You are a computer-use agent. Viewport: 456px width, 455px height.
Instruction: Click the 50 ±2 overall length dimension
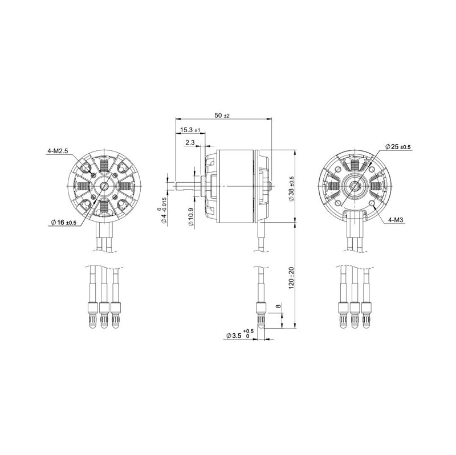(x=222, y=116)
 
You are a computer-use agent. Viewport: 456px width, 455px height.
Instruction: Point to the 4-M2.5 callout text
(x=58, y=151)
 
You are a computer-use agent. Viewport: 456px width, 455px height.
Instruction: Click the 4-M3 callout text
(x=396, y=220)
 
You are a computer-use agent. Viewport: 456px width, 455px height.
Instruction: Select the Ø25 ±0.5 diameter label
(x=397, y=147)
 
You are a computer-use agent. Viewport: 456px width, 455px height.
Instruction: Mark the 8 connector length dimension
(x=278, y=307)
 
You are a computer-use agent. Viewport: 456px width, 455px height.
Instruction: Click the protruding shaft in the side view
(x=186, y=185)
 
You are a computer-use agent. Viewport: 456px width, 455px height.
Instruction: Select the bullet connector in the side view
(x=260, y=316)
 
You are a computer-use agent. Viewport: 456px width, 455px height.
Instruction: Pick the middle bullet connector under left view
(x=104, y=314)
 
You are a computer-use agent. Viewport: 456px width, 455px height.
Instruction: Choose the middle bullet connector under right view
(x=355, y=314)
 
